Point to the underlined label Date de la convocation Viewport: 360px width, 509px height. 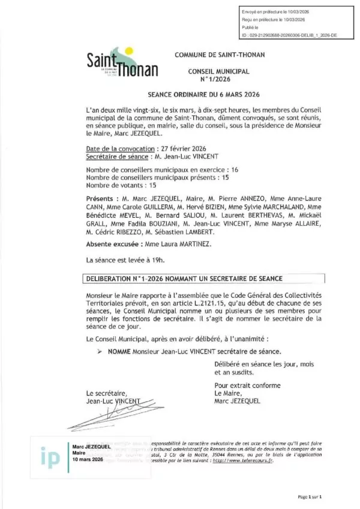119,148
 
